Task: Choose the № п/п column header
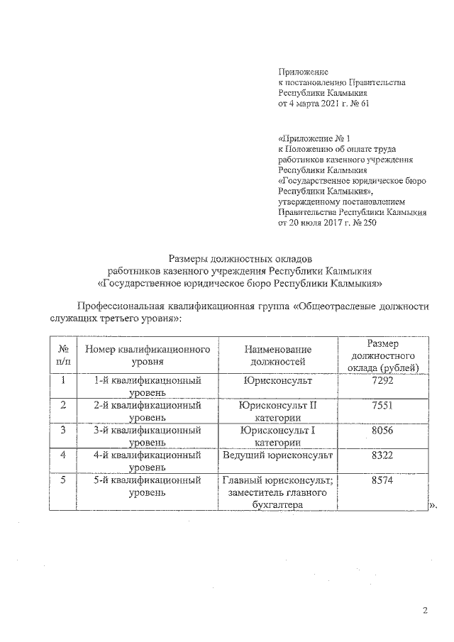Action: pyautogui.click(x=63, y=355)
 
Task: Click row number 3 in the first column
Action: pyautogui.click(x=63, y=431)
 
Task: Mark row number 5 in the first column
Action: pyautogui.click(x=63, y=480)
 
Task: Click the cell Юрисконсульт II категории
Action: pyautogui.click(x=277, y=411)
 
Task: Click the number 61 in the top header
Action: pyautogui.click(x=365, y=104)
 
